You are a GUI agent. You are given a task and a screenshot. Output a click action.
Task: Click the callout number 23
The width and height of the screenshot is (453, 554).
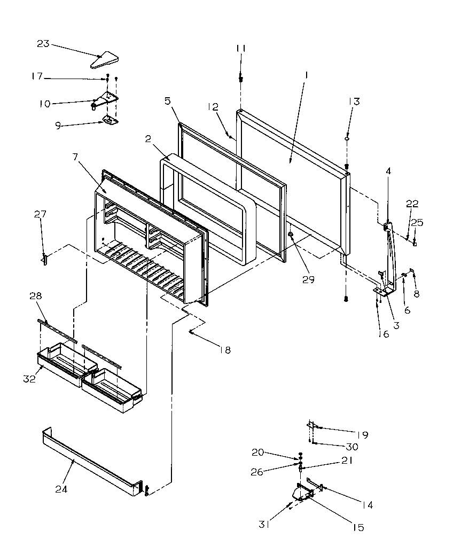43,44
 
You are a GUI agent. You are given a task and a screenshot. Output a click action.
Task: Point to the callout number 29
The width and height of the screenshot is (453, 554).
308,279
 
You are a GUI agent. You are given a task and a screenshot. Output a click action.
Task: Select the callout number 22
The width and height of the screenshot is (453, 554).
412,204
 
